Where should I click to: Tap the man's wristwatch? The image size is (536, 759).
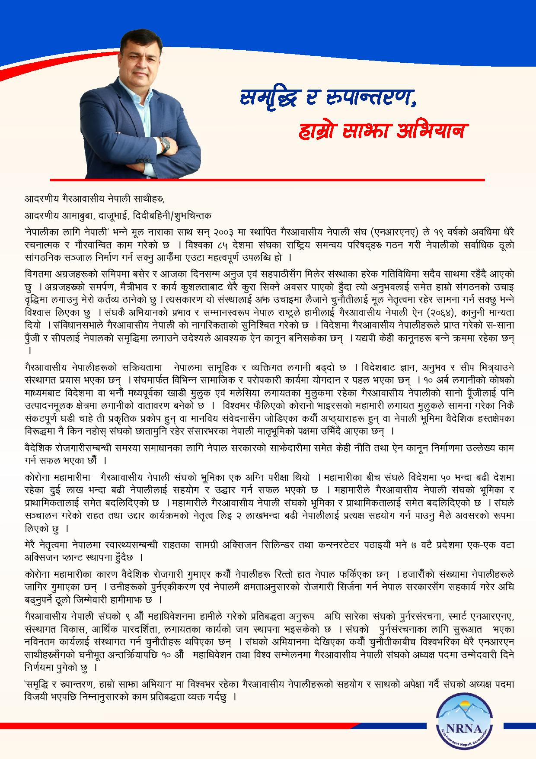pos(164,144)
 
